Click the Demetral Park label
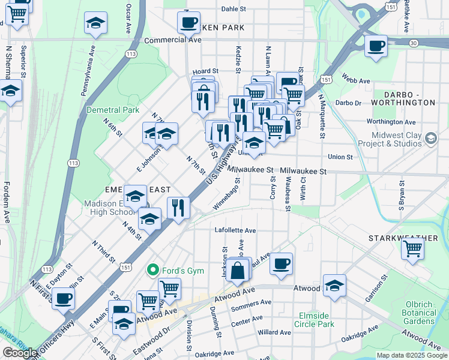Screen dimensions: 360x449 pyautogui.click(x=113, y=110)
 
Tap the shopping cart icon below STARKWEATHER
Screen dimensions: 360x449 pyautogui.click(x=412, y=249)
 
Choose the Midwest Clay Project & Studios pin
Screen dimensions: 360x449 pyautogui.click(x=430, y=139)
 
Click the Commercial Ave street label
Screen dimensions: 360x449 pyautogui.click(x=173, y=40)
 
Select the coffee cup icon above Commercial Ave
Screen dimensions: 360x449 pyautogui.click(x=188, y=23)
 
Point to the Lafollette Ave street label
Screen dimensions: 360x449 pyautogui.click(x=235, y=230)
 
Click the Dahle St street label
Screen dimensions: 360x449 pyautogui.click(x=234, y=9)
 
